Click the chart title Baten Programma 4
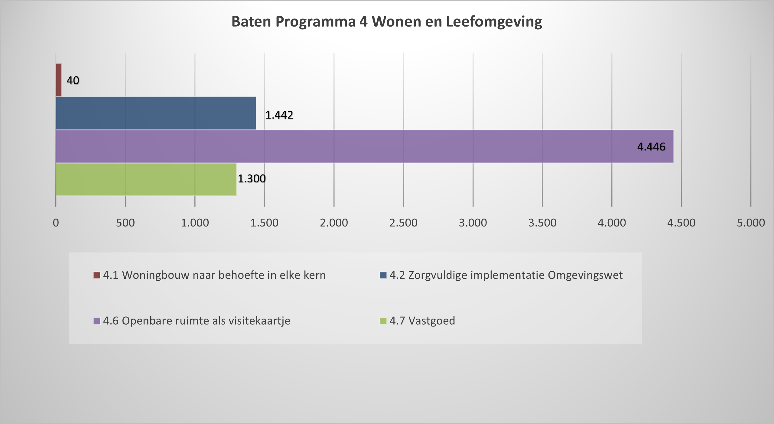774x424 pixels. [x=387, y=22]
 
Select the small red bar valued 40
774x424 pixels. [x=59, y=80]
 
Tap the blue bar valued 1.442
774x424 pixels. [x=156, y=113]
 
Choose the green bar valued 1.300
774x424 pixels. [x=146, y=179]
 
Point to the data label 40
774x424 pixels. [x=73, y=80]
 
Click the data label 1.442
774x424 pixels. [x=279, y=115]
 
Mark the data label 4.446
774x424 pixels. [x=651, y=147]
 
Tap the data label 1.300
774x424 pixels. [x=252, y=179]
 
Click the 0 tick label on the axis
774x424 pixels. [x=56, y=223]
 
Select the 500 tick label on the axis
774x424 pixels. [x=125, y=223]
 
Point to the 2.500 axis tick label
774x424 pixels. [x=403, y=223]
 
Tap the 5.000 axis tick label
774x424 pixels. [x=751, y=223]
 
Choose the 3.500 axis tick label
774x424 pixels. [x=542, y=223]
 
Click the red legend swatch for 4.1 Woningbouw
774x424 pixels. [x=97, y=275]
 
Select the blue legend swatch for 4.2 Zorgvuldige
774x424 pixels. [x=383, y=275]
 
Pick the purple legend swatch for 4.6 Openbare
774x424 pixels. [x=97, y=321]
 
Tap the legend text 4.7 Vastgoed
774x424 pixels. [x=422, y=321]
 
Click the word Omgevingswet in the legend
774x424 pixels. [x=585, y=275]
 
